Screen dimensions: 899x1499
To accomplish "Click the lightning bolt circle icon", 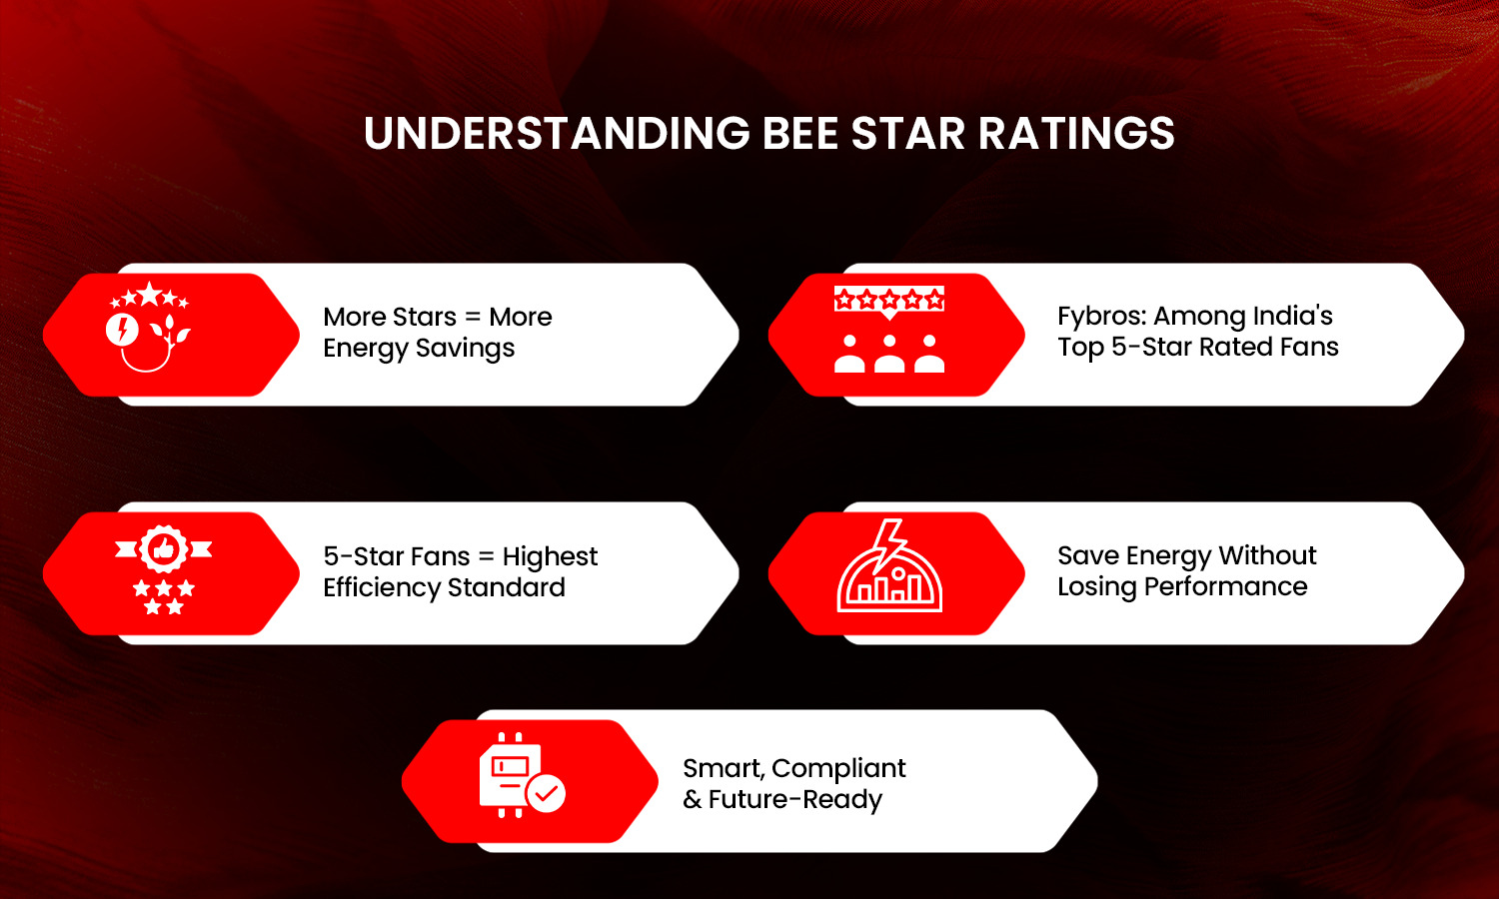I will coord(122,329).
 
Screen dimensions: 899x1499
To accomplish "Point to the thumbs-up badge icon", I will coord(164,548).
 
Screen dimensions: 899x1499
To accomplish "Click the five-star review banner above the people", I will coord(889,300).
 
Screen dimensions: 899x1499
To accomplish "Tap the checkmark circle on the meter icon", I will coord(546,794).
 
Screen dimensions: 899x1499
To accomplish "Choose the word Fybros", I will coord(1101,317).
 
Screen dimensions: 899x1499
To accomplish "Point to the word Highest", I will coord(550,556).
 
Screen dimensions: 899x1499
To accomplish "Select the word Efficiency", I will coord(381,587).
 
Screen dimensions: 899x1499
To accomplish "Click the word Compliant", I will coord(838,768).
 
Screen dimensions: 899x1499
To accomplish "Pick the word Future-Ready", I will coord(795,800).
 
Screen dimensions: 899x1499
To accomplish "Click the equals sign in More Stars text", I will coord(473,318).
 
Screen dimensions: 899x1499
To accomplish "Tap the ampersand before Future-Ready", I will coord(693,800).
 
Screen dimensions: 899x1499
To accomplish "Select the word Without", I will coord(1267,555).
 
